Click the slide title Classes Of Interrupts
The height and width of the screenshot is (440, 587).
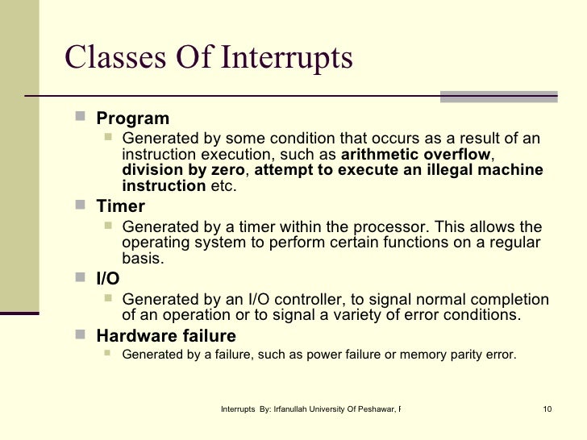click(208, 58)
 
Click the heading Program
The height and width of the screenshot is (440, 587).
click(132, 119)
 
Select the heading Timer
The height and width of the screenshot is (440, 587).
click(120, 206)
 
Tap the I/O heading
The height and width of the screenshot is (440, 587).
click(108, 279)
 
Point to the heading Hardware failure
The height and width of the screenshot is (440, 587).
click(166, 336)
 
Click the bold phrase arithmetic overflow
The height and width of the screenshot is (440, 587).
click(415, 155)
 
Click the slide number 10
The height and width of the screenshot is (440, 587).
click(547, 409)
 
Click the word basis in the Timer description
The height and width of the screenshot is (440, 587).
click(142, 259)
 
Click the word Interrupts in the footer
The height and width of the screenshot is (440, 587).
click(239, 409)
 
